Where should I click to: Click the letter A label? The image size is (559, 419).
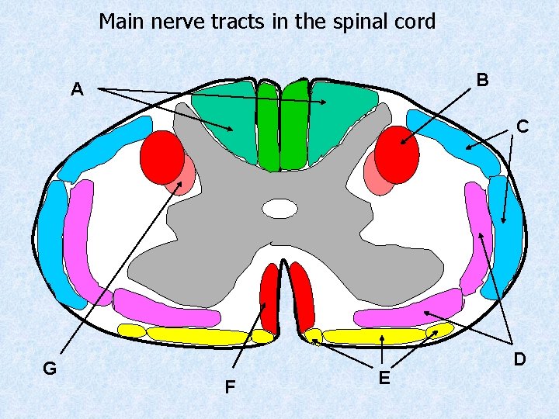[x=76, y=90]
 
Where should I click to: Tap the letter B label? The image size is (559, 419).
[x=482, y=80]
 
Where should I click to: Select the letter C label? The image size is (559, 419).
[x=523, y=126]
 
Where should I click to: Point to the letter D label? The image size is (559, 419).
[x=519, y=359]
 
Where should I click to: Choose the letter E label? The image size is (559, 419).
[x=384, y=378]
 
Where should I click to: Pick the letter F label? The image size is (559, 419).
[x=230, y=386]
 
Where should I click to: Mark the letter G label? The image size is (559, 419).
[x=49, y=369]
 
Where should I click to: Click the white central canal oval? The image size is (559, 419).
[x=280, y=209]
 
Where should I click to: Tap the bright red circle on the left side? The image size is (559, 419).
[x=161, y=158]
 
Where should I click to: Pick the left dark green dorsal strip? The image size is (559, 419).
[x=268, y=126]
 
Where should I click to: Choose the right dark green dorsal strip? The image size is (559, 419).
[x=294, y=126]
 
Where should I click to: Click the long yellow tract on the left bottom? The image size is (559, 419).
[x=198, y=336]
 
